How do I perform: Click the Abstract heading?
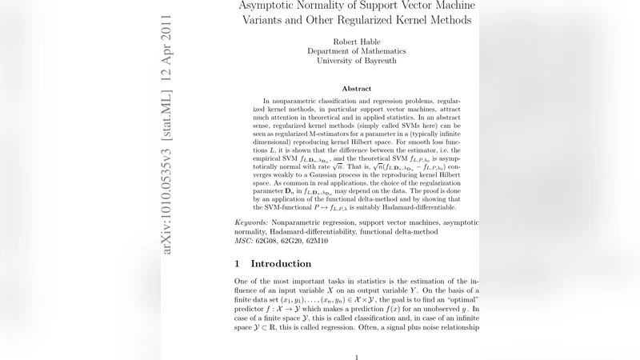click(357, 88)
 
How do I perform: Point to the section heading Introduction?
click(282, 264)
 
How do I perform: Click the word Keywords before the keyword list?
click(251, 221)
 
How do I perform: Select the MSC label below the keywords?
click(242, 240)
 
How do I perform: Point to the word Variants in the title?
click(271, 18)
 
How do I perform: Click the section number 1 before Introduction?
click(238, 264)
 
